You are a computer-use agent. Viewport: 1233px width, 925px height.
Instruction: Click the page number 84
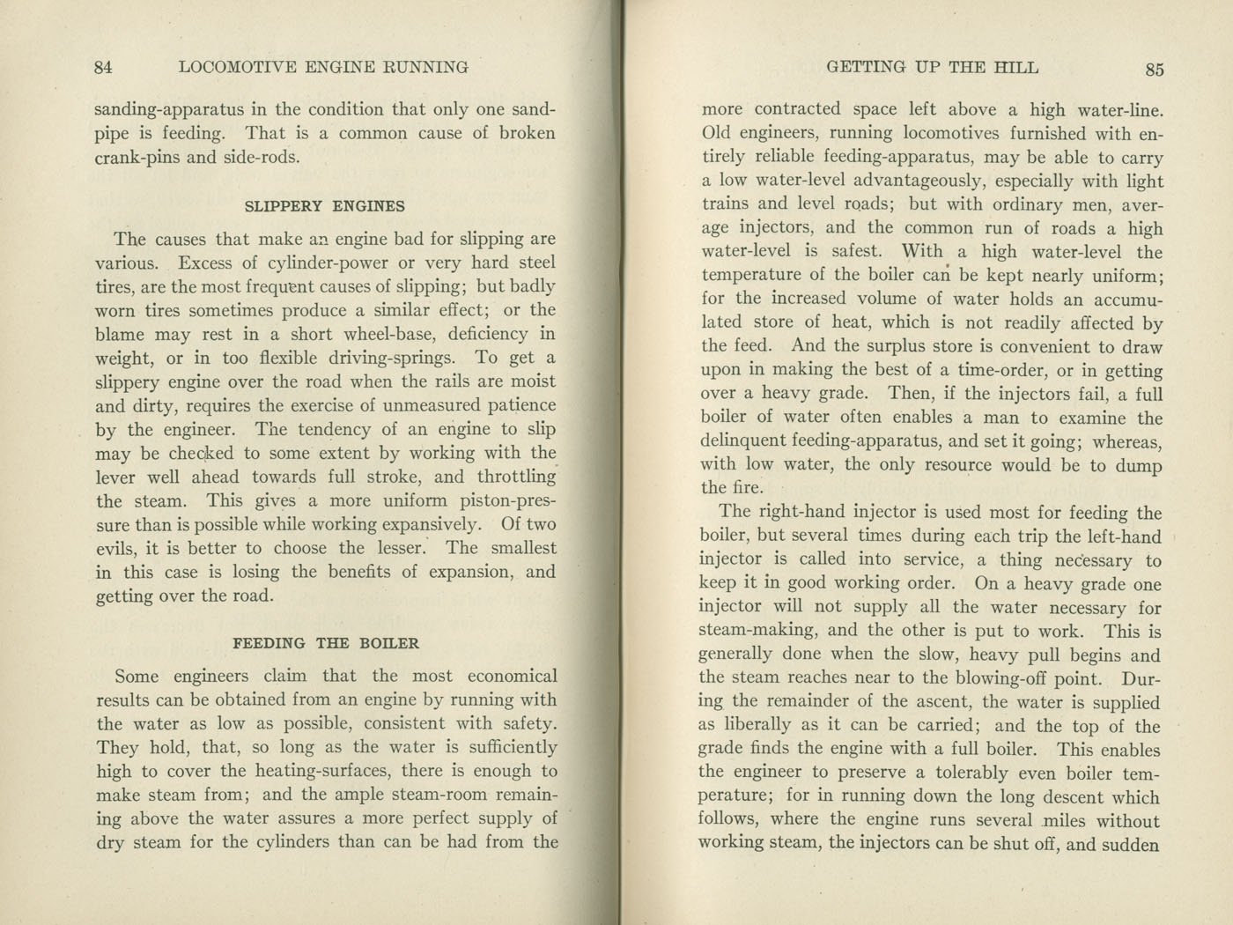(103, 67)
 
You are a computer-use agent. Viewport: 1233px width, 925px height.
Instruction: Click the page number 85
(1154, 70)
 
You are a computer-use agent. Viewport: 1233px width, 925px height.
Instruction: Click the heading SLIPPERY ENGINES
(324, 206)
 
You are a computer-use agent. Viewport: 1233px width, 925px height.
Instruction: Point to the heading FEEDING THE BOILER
(326, 643)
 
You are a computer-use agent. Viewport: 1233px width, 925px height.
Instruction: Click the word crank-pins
(137, 158)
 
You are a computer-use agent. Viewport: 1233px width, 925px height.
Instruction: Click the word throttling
(516, 477)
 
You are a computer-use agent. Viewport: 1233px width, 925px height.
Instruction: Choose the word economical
(512, 677)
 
